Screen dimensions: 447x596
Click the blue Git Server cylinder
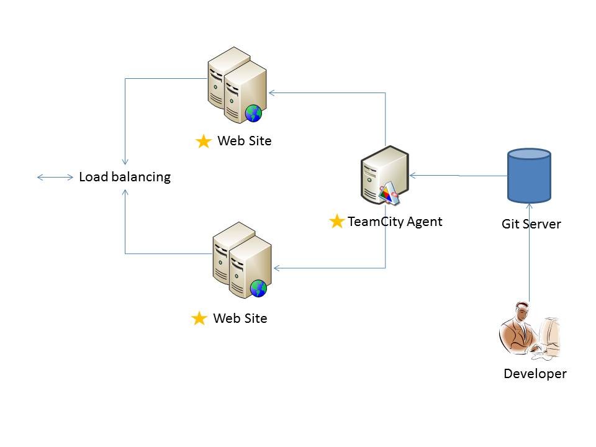(x=529, y=175)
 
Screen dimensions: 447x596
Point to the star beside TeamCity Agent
(x=336, y=221)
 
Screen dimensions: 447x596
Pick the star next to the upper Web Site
(x=203, y=142)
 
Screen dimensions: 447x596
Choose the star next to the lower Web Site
(x=199, y=319)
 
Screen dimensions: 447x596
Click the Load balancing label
(x=124, y=177)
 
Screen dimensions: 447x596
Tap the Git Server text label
(x=531, y=224)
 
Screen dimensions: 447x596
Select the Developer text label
(x=535, y=374)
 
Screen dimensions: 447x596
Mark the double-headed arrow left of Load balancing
(x=55, y=178)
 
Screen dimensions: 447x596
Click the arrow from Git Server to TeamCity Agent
(x=459, y=176)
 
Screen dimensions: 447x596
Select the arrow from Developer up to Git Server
(x=529, y=255)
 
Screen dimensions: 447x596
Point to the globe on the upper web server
(x=253, y=113)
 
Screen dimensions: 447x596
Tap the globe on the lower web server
(x=258, y=288)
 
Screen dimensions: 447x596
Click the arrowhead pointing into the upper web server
(x=273, y=93)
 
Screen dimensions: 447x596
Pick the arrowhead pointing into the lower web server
(x=278, y=268)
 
